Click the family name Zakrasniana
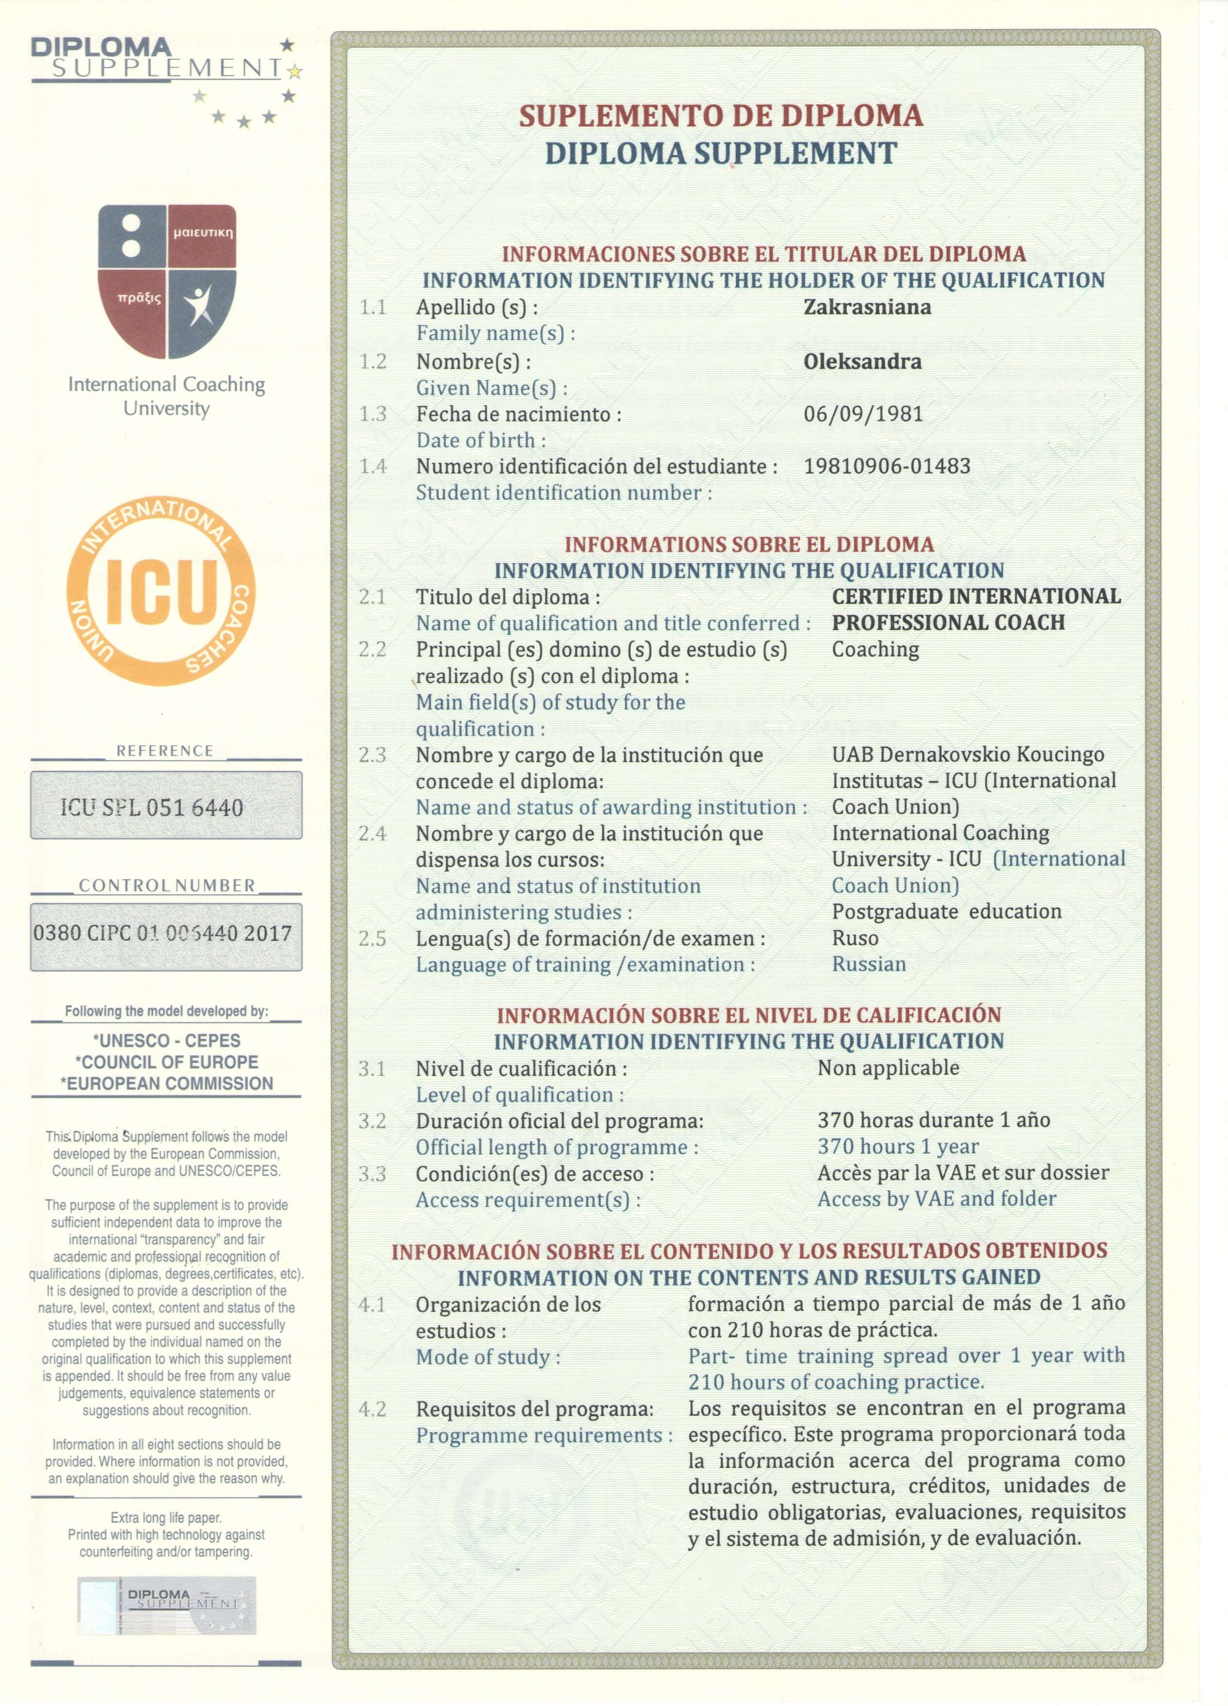coord(867,307)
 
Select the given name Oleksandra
coord(862,362)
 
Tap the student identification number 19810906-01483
coord(887,467)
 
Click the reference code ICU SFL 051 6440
coord(152,807)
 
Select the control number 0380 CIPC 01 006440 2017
coord(162,934)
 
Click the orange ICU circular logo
coord(161,591)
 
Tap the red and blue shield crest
coord(167,280)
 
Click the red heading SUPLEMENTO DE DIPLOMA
coord(720,116)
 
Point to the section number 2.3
coord(372,754)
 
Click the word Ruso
coord(855,938)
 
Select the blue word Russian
coord(869,964)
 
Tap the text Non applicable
coord(888,1068)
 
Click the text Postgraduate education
coord(946,912)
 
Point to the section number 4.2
coord(372,1409)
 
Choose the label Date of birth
coord(480,441)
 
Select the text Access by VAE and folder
coord(936,1199)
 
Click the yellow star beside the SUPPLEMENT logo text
coord(295,72)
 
